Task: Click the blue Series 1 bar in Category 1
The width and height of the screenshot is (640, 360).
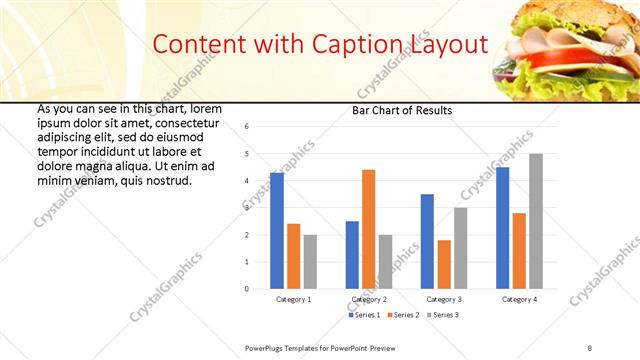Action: click(x=277, y=230)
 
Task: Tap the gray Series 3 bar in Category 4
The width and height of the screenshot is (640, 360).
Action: click(x=536, y=221)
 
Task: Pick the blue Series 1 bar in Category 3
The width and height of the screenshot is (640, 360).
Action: click(x=427, y=241)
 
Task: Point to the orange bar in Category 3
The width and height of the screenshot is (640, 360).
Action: click(x=444, y=264)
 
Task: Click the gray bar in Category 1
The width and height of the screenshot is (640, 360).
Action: click(x=310, y=261)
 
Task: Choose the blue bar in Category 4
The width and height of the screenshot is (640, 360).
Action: click(x=502, y=228)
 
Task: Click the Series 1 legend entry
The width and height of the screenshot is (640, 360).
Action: click(x=366, y=315)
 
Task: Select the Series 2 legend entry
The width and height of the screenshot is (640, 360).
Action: click(x=404, y=315)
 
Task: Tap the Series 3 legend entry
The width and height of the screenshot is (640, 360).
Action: click(x=442, y=315)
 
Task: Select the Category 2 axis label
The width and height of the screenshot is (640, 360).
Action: click(x=368, y=299)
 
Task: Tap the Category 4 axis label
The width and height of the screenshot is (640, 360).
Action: click(x=519, y=299)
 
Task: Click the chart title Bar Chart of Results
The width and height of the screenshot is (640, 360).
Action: click(x=402, y=110)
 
